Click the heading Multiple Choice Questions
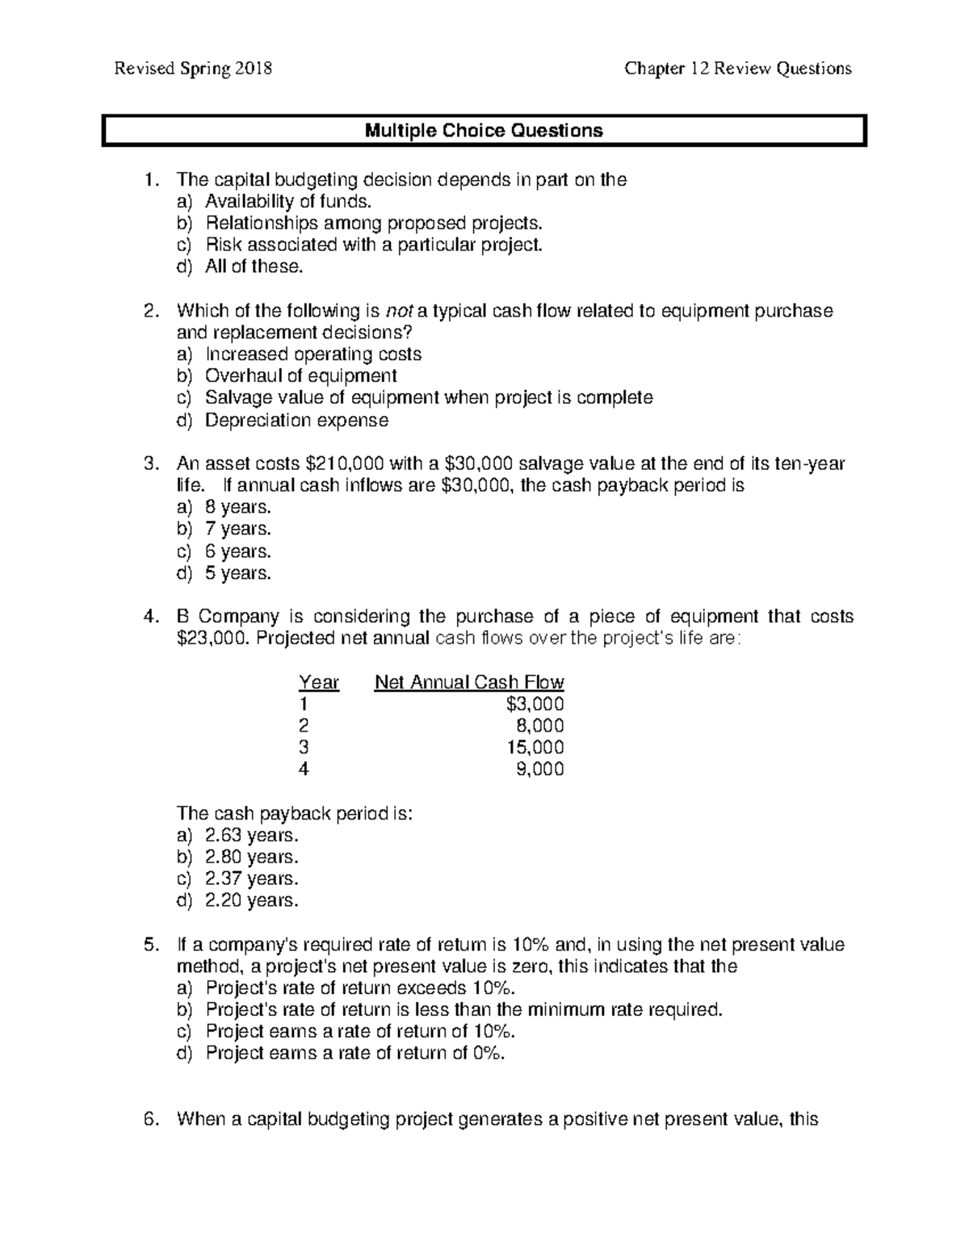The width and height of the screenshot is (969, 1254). click(x=484, y=131)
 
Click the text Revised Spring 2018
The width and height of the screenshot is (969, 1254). click(x=193, y=69)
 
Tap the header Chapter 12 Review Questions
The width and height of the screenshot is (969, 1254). click(x=737, y=69)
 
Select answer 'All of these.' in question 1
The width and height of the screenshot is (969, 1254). click(x=254, y=267)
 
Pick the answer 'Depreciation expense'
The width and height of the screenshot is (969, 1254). click(x=296, y=420)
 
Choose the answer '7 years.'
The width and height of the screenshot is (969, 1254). click(x=238, y=530)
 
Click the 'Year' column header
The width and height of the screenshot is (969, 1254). click(x=318, y=682)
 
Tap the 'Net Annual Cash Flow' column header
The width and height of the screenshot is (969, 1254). click(x=469, y=682)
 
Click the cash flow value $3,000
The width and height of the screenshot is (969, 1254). click(x=535, y=704)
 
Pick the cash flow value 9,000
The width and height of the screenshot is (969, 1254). click(x=539, y=770)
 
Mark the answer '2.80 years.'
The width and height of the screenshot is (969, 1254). click(x=251, y=857)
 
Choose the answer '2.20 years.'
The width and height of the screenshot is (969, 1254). click(x=251, y=900)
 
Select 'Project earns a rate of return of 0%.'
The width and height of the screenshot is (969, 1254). click(x=354, y=1053)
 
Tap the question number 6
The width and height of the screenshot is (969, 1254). click(x=149, y=1119)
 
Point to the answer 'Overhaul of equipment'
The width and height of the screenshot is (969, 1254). click(x=300, y=376)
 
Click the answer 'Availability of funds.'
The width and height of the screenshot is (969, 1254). click(x=288, y=202)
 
